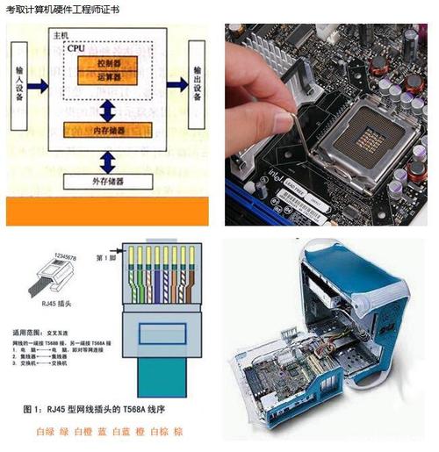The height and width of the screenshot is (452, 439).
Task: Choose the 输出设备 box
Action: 198,83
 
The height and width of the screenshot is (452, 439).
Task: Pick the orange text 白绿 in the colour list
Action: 45,432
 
